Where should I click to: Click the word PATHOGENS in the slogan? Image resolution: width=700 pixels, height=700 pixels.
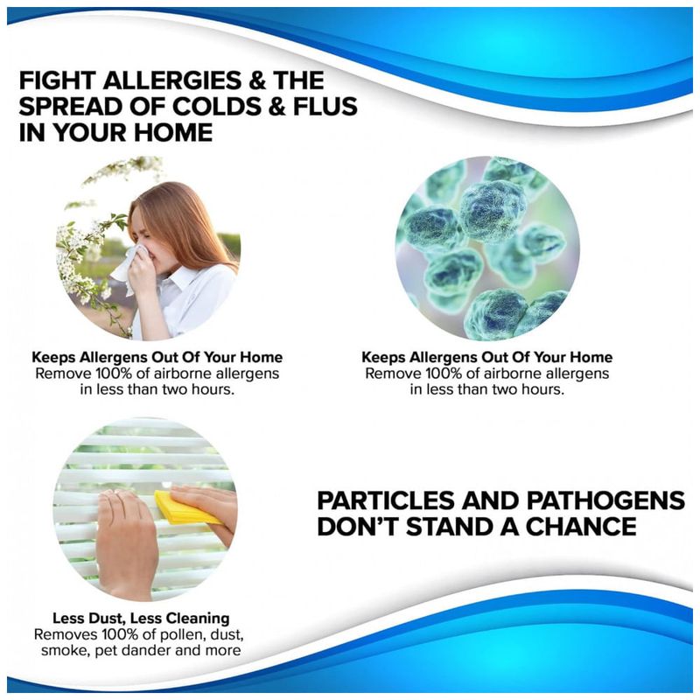click(x=605, y=500)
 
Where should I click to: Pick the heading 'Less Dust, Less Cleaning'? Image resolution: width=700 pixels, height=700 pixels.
click(x=141, y=619)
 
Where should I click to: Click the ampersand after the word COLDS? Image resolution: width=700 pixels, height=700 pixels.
click(x=277, y=107)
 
